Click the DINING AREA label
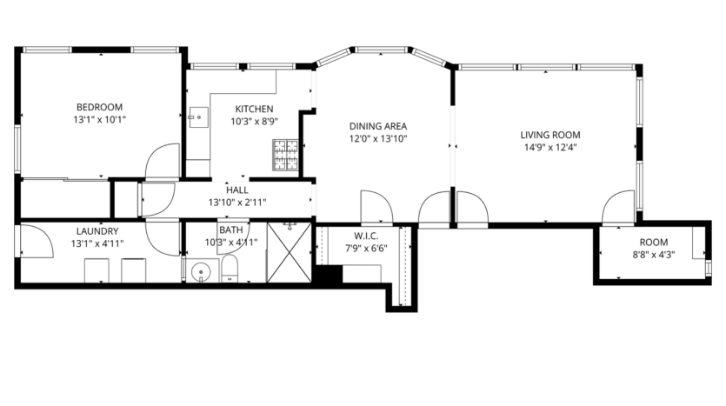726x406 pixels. click(x=377, y=125)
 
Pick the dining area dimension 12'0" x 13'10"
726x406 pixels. click(x=377, y=138)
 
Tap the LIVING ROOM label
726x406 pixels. click(x=549, y=135)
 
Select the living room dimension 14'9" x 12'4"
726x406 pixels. click(x=549, y=148)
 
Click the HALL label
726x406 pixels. click(x=237, y=190)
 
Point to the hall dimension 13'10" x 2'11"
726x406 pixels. click(x=237, y=202)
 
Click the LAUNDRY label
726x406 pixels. click(x=97, y=231)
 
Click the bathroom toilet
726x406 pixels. click(x=230, y=270)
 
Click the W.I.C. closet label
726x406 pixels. click(x=363, y=236)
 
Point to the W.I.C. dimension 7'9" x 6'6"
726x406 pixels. click(x=363, y=248)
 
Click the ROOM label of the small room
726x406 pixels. click(x=654, y=243)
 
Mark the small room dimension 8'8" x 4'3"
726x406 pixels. click(x=654, y=255)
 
